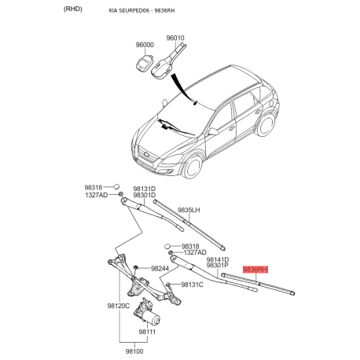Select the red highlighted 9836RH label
click(x=255, y=269)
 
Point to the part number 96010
click(x=175, y=38)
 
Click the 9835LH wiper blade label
click(x=189, y=210)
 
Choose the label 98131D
click(x=144, y=189)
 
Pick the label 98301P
click(x=217, y=266)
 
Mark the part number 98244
click(x=160, y=269)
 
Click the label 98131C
click(x=192, y=285)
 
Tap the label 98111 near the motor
click(x=148, y=332)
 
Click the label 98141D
click(x=217, y=259)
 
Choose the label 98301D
click(x=144, y=197)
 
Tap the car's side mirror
click(x=213, y=132)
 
